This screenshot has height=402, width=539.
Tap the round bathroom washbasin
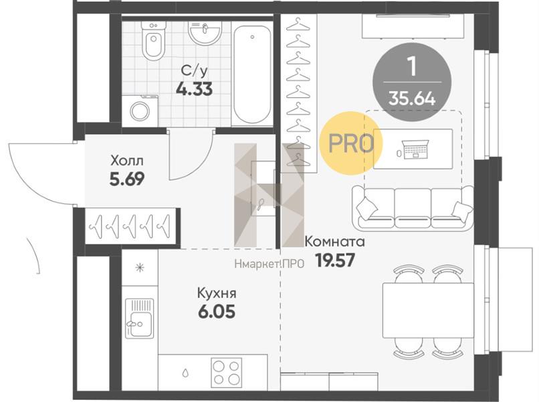205,33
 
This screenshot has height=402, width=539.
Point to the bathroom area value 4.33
194,89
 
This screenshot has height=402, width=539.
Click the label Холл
127,161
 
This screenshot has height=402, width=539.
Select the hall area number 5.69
127,179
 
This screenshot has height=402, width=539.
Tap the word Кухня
217,293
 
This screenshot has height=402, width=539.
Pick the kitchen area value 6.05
217,312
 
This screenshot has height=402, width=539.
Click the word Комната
334,241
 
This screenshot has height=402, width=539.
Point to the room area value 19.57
335,261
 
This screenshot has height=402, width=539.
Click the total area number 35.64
412,100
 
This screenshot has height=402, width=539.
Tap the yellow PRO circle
350,143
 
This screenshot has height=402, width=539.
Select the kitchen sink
139,318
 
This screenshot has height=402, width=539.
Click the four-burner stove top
226,372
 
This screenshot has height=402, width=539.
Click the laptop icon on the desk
415,149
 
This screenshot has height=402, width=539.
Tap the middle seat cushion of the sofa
413,208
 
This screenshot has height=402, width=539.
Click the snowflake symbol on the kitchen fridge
140,267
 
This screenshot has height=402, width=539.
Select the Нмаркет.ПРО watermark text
269,264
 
